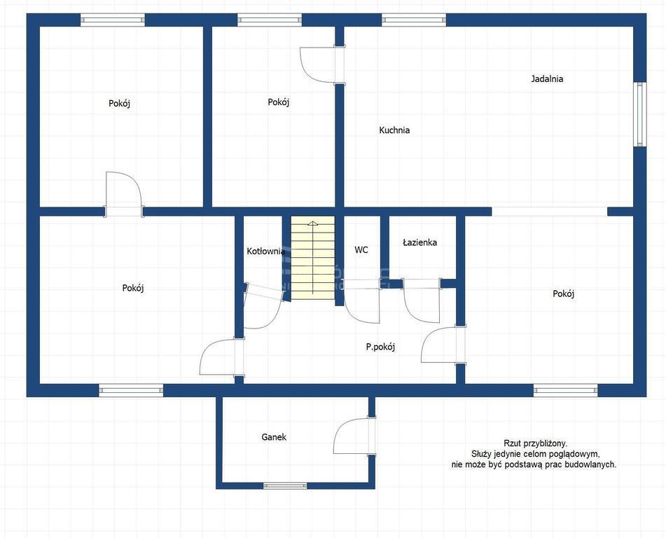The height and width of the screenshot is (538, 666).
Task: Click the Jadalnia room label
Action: click(x=547, y=78)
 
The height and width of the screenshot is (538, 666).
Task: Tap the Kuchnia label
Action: click(x=394, y=130)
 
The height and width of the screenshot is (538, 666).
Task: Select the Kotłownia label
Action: click(x=266, y=251)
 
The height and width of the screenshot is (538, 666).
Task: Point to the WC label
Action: click(x=361, y=250)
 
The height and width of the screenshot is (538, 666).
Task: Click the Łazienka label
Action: click(x=419, y=242)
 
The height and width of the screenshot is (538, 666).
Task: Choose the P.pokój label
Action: click(x=380, y=347)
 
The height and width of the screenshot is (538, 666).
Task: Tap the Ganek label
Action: click(x=274, y=437)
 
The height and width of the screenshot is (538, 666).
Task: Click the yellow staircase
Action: click(x=312, y=257)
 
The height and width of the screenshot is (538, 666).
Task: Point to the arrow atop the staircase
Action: click(x=312, y=258)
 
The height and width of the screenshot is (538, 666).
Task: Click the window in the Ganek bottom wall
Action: click(x=285, y=485)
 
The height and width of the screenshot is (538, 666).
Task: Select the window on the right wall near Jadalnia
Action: click(x=639, y=114)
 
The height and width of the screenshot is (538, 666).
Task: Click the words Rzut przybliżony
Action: click(x=535, y=443)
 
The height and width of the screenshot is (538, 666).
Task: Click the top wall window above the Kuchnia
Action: click(x=414, y=20)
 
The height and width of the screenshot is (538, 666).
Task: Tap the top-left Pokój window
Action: click(x=113, y=20)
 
